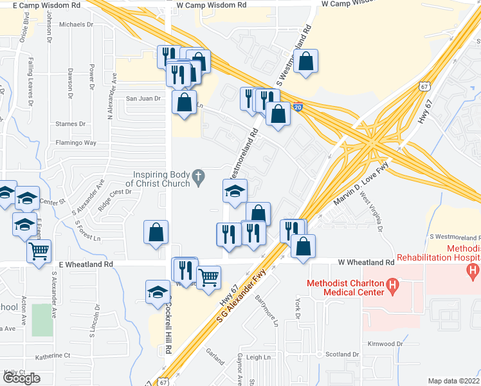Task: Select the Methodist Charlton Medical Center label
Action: click(x=343, y=286)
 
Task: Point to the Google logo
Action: click(x=21, y=378)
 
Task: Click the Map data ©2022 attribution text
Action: click(x=454, y=381)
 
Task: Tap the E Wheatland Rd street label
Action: click(x=86, y=264)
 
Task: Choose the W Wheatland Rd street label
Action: click(x=366, y=263)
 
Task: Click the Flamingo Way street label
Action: click(x=75, y=143)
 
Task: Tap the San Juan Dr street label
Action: click(x=143, y=98)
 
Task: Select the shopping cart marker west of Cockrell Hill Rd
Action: click(x=39, y=252)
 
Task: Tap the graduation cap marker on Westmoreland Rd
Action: click(x=235, y=190)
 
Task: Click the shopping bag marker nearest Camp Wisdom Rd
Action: click(x=307, y=62)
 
